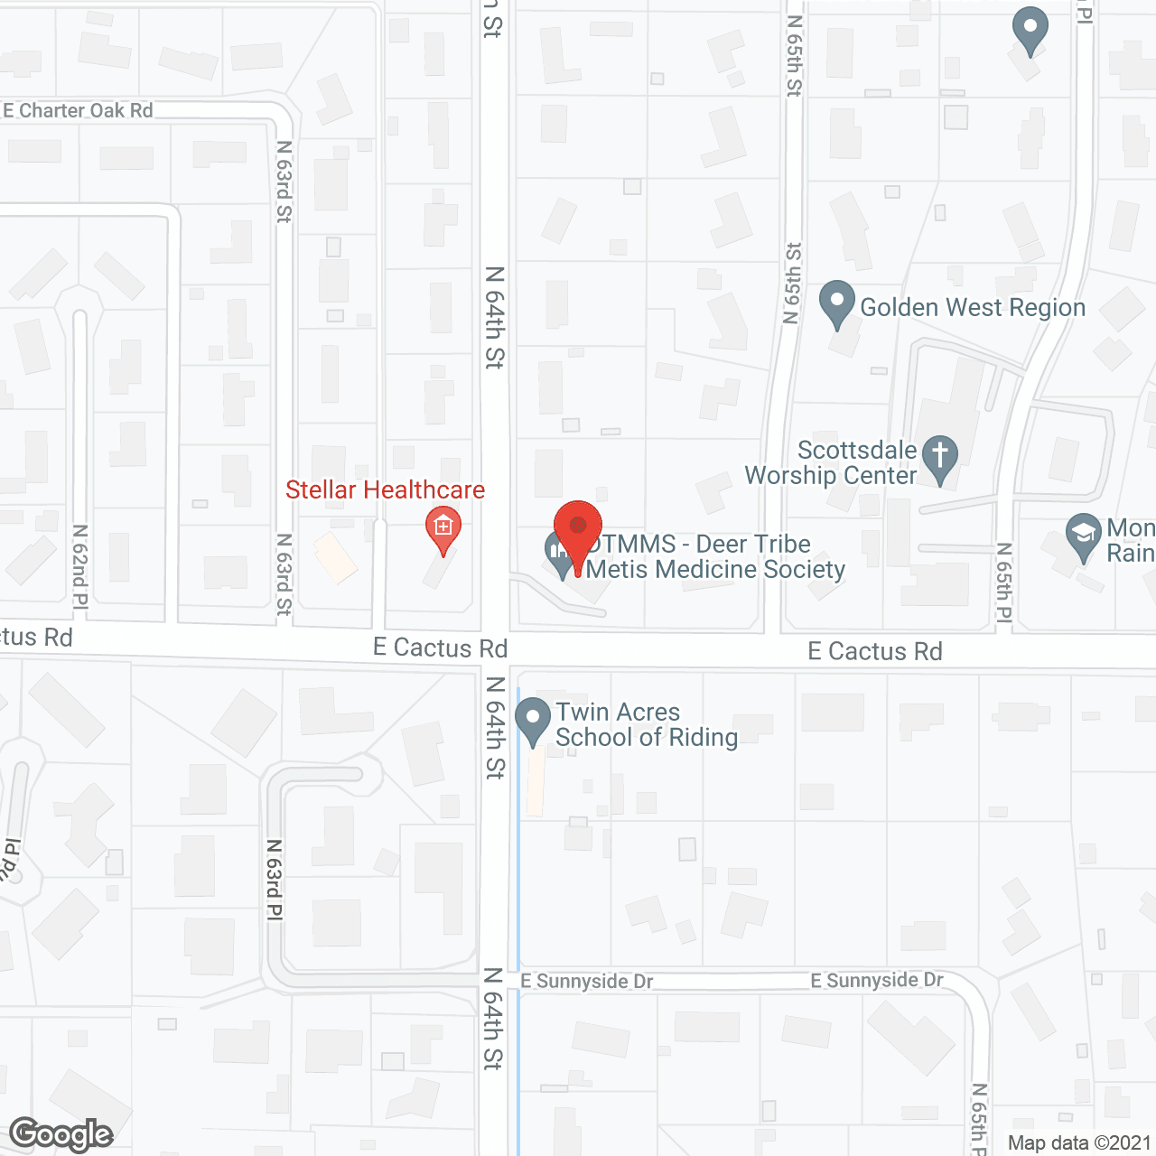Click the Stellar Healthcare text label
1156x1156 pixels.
point(386,489)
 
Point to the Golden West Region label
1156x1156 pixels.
point(973,307)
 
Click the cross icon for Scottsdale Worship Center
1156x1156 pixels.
point(940,456)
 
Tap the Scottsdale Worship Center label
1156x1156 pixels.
point(831,462)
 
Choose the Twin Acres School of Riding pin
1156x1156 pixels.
point(533,720)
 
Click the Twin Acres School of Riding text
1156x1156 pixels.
point(646,724)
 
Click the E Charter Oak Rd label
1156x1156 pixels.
point(79,110)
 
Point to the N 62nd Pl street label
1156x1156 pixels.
point(79,567)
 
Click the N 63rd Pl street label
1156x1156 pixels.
point(274,880)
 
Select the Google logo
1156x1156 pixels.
point(61,1134)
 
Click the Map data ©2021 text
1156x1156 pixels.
point(1079,1142)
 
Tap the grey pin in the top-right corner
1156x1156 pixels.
point(1030,29)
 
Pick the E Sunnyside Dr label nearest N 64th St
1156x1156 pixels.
point(587,981)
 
